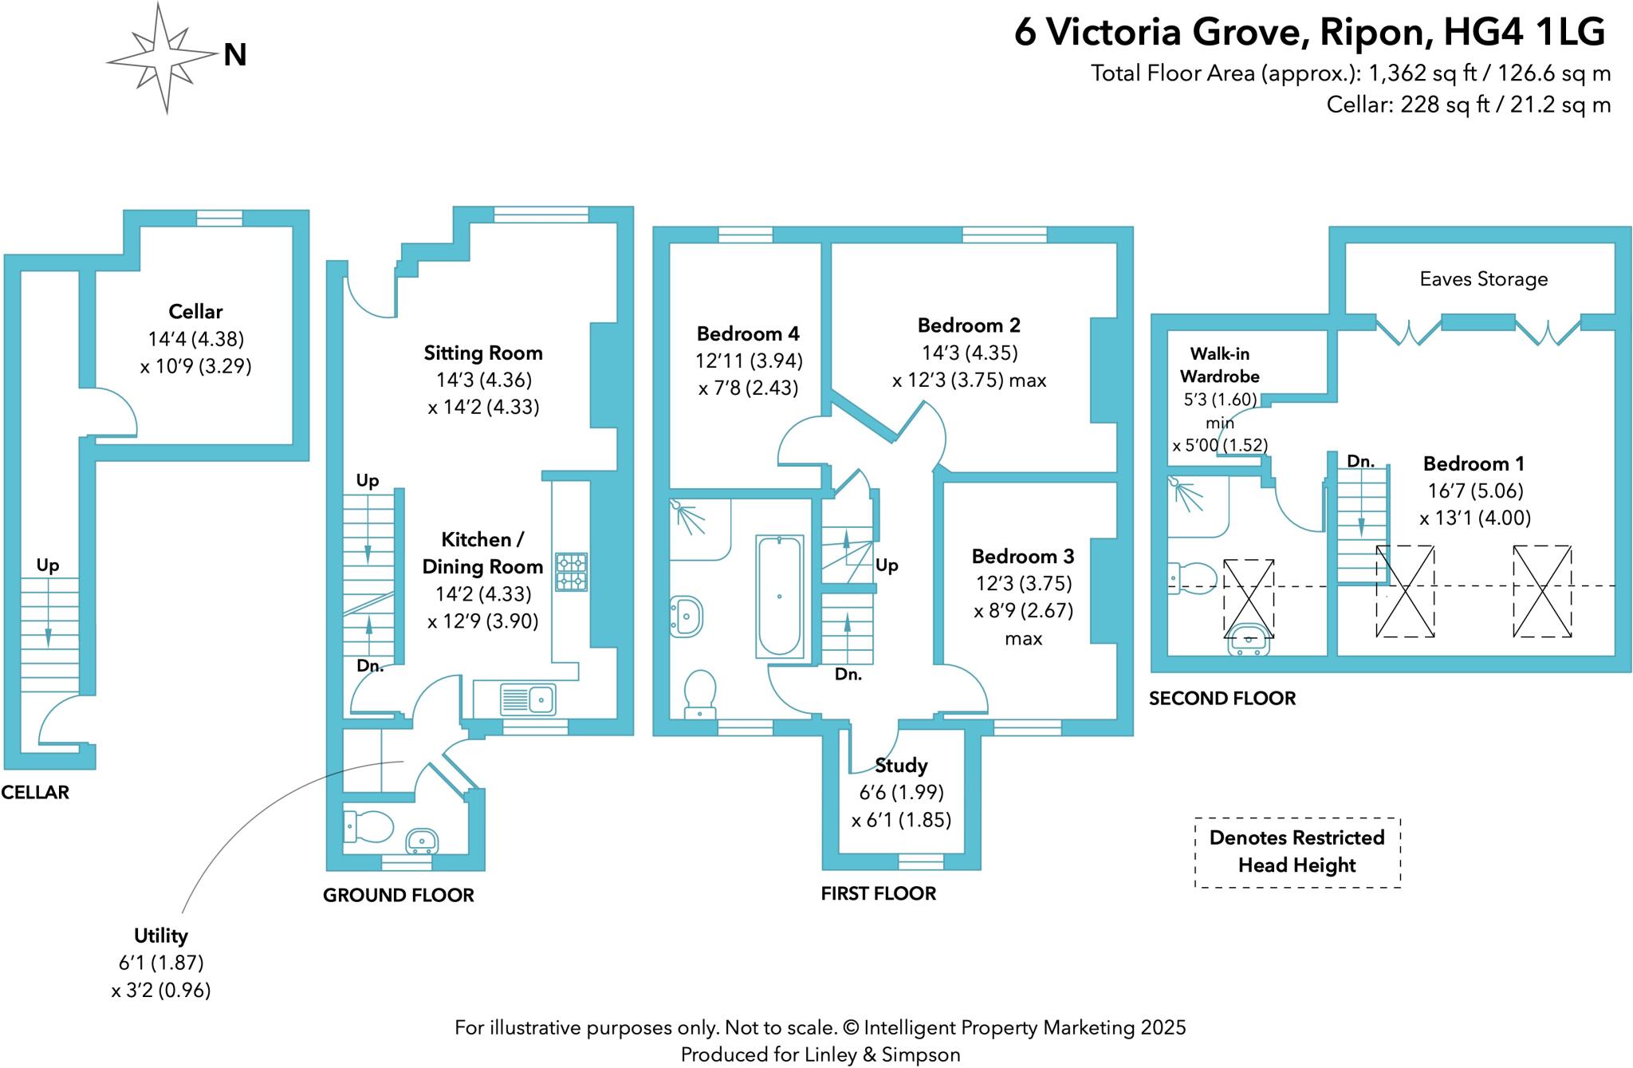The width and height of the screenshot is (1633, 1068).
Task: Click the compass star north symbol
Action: (x=165, y=57)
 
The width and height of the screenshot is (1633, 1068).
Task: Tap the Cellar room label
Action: (x=195, y=311)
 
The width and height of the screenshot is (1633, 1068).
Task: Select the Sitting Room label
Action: (x=483, y=353)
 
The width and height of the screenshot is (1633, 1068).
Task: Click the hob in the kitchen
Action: (x=571, y=572)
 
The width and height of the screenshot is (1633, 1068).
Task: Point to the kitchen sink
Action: (x=528, y=700)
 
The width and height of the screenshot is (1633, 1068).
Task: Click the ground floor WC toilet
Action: (x=368, y=826)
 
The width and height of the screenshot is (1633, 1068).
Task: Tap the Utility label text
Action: (x=160, y=935)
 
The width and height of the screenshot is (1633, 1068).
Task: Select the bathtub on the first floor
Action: (x=779, y=596)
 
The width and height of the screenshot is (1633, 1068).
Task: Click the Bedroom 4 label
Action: (x=748, y=333)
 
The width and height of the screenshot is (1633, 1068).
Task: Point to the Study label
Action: (x=901, y=766)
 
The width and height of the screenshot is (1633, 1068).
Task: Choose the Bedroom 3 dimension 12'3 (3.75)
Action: (x=1023, y=583)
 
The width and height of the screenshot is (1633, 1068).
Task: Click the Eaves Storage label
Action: (x=1483, y=279)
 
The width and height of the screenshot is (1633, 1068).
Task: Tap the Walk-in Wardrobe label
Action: (x=1219, y=365)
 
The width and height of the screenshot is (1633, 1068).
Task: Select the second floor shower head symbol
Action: (x=1186, y=494)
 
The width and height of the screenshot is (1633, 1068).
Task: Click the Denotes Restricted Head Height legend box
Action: (x=1297, y=852)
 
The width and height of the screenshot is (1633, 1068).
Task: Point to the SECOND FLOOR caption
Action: (x=1222, y=699)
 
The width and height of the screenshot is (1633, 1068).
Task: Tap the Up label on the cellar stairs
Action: (x=48, y=566)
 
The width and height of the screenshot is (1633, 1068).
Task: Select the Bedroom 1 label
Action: (x=1474, y=463)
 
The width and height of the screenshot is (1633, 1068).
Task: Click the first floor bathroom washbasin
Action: (x=686, y=617)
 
